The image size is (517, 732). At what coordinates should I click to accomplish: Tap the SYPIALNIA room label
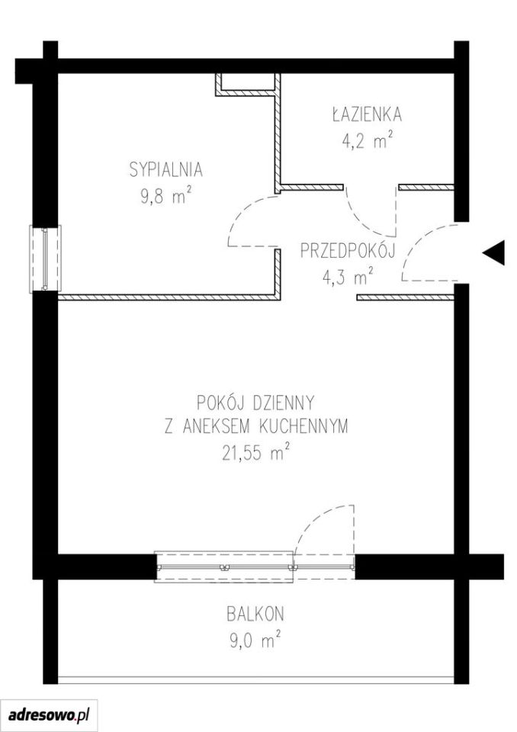click(166, 169)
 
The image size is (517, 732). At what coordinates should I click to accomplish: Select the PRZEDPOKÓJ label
click(348, 251)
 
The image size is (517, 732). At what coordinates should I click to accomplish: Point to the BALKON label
click(255, 614)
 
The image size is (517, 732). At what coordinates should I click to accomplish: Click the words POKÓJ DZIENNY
click(255, 402)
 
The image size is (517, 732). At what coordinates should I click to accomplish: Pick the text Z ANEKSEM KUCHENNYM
click(256, 426)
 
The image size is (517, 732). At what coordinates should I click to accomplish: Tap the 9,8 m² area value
click(166, 196)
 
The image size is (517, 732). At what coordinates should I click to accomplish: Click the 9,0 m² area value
click(255, 640)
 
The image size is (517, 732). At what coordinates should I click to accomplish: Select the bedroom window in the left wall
click(45, 259)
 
